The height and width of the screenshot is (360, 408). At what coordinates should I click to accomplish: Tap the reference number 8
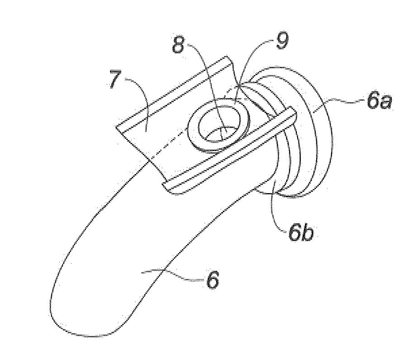pyautogui.click(x=178, y=44)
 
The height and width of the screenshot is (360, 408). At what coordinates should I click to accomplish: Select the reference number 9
pyautogui.click(x=282, y=40)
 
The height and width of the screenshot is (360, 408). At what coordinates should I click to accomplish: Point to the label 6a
pyautogui.click(x=379, y=100)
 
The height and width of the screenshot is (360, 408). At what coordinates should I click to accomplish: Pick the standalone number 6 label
pyautogui.click(x=213, y=280)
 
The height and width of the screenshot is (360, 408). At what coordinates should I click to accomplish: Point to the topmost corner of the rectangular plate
pyautogui.click(x=227, y=56)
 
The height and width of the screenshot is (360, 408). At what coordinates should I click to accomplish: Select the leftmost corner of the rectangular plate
pyautogui.click(x=116, y=127)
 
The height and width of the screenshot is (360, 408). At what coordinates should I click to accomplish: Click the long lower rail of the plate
pyautogui.click(x=229, y=150)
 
